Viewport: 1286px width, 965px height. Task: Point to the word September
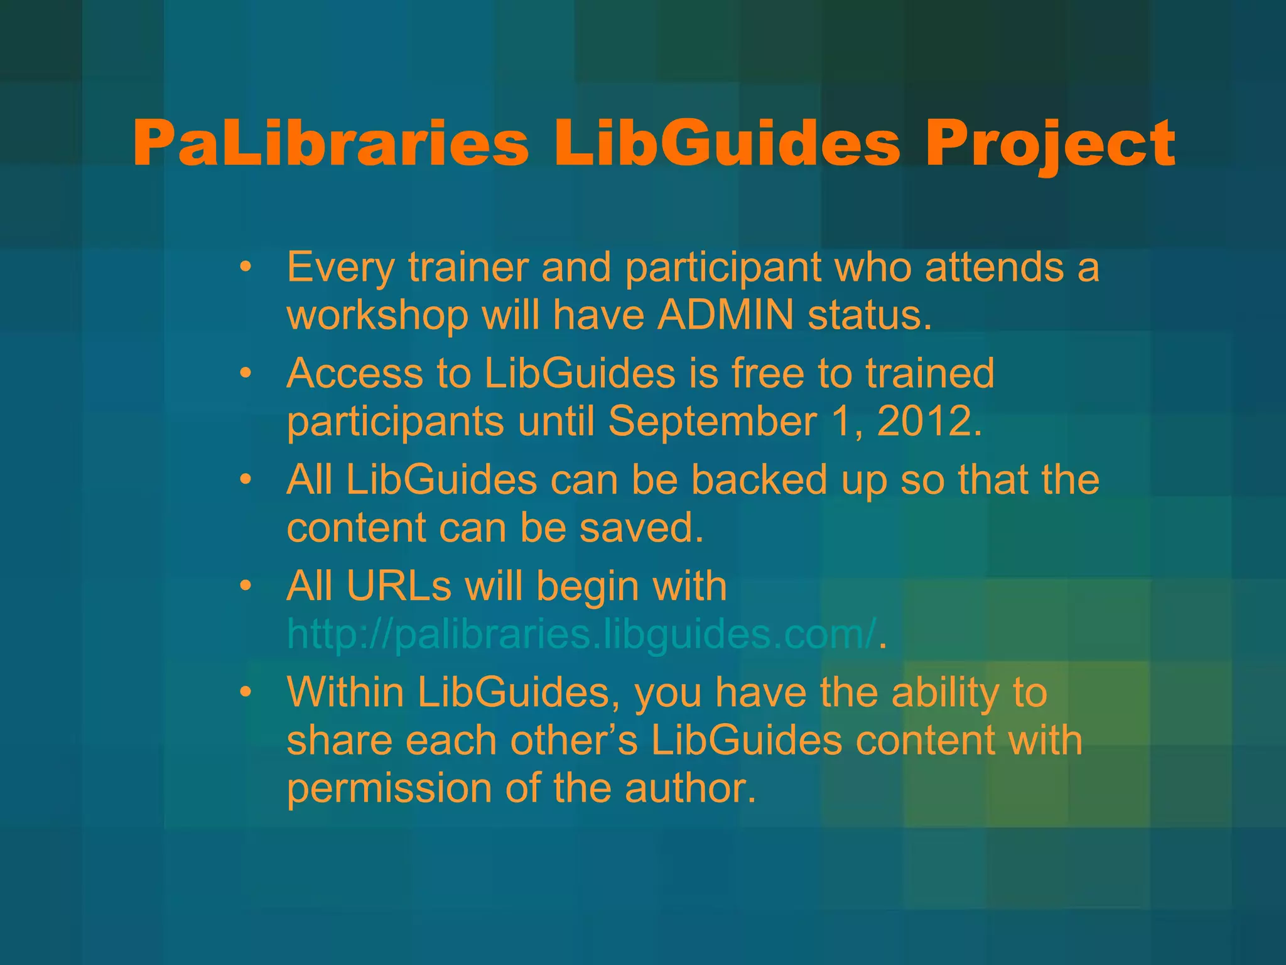pos(712,422)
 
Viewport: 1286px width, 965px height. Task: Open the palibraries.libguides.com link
pos(581,634)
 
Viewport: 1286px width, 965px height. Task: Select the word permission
pos(389,788)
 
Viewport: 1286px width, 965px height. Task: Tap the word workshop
pos(377,315)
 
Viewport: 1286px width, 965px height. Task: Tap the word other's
pos(574,740)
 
